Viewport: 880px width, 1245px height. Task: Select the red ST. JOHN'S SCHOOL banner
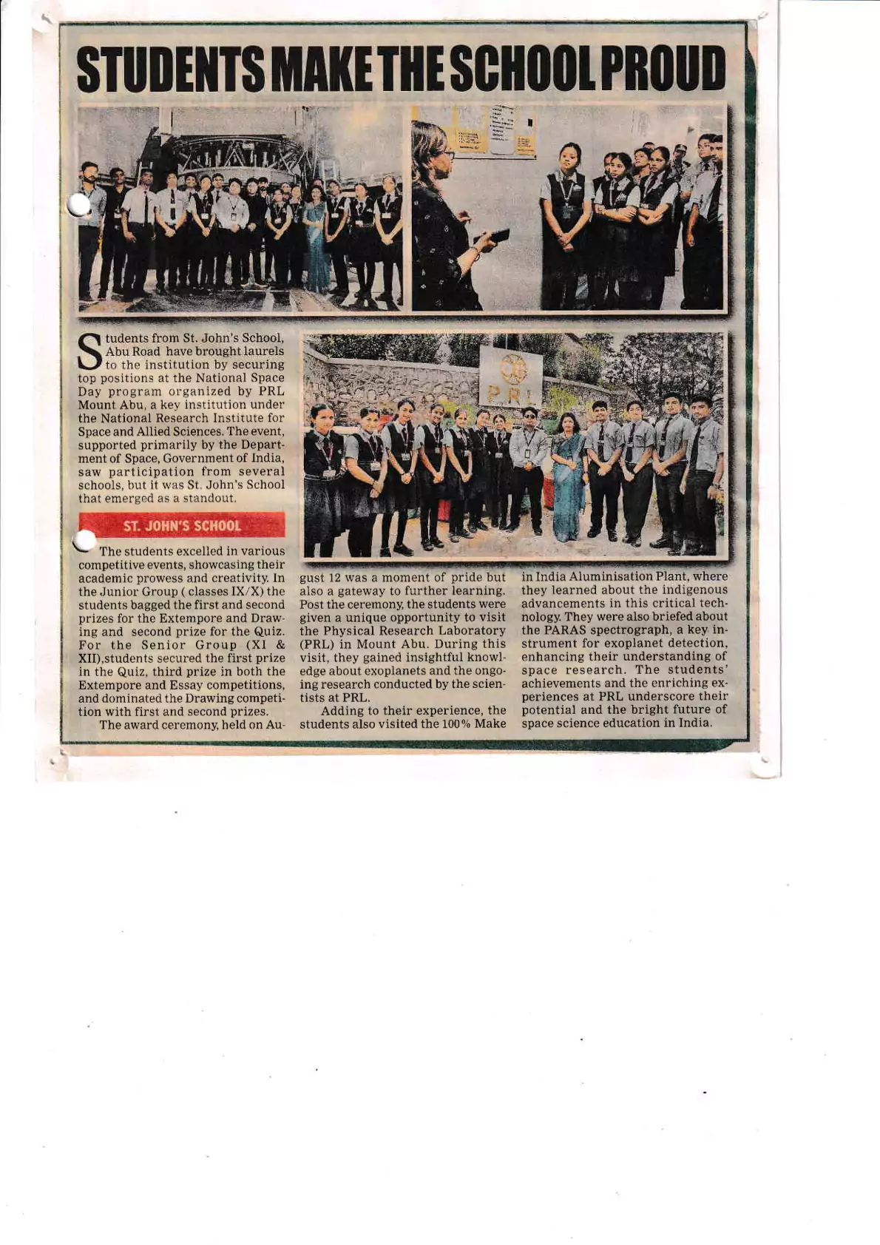pos(182,525)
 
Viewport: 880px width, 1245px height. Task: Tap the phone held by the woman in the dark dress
pos(500,235)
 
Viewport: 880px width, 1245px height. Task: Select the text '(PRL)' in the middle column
pos(318,644)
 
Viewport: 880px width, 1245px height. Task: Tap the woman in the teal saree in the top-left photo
pos(316,240)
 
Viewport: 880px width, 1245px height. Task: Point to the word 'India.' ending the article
pos(694,723)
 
